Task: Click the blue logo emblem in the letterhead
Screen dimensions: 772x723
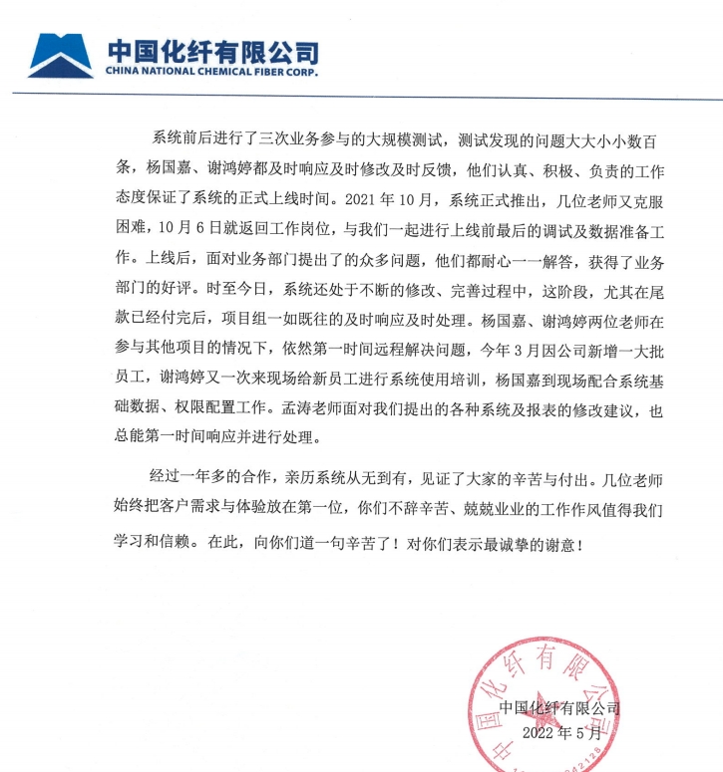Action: point(62,56)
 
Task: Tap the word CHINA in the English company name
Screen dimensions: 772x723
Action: point(123,72)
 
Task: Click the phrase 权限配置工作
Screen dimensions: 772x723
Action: point(229,409)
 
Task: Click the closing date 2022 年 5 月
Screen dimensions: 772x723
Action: point(563,733)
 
